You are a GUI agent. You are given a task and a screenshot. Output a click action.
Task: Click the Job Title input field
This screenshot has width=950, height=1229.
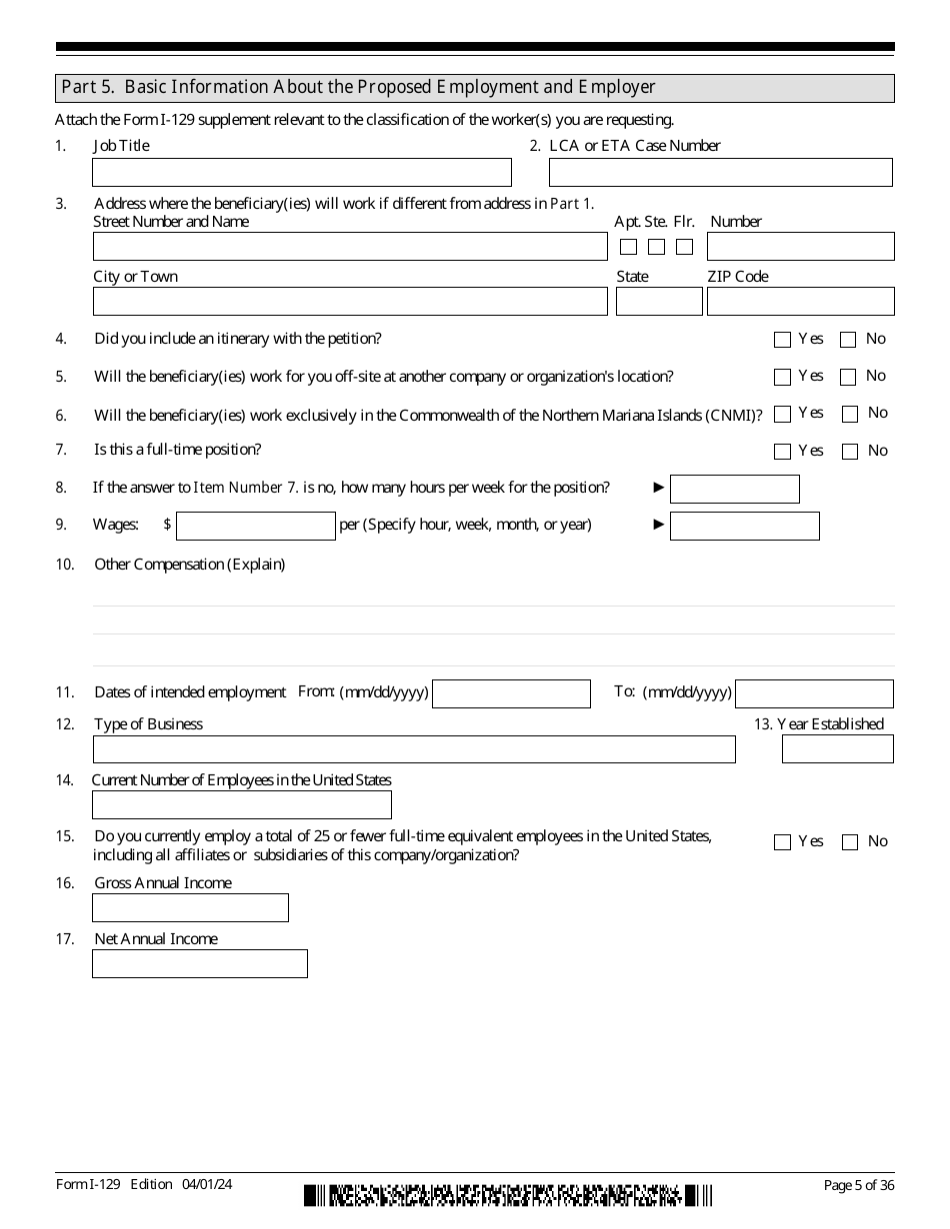pos(301,173)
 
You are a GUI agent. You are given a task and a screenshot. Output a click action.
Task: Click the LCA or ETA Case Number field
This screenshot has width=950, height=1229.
pos(720,173)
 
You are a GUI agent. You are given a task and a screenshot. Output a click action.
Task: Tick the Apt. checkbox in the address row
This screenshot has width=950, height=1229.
pos(629,247)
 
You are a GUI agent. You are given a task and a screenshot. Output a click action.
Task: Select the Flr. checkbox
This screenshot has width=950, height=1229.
pos(685,247)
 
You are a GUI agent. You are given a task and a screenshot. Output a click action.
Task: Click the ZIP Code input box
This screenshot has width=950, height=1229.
pos(800,302)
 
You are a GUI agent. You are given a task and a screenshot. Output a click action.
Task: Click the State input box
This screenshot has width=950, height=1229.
pos(658,302)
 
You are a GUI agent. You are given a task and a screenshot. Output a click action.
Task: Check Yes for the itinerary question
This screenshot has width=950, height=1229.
pos(782,340)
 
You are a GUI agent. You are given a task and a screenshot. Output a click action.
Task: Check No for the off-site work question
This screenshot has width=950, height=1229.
pos(848,377)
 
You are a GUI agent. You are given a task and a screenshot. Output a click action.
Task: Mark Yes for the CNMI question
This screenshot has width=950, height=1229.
pos(782,414)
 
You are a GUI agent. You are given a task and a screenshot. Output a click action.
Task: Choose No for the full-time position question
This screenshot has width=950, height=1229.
pos(850,452)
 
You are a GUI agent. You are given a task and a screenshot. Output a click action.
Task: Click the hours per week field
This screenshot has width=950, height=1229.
pos(734,489)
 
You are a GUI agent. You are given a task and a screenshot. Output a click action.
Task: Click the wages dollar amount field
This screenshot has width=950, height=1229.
pos(255,527)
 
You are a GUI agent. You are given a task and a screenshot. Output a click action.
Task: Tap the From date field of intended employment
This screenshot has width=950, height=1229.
pos(511,694)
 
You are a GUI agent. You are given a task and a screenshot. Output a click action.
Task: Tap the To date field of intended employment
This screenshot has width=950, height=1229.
pos(814,694)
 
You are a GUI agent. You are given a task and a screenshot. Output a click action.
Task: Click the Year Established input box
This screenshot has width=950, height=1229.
pos(837,749)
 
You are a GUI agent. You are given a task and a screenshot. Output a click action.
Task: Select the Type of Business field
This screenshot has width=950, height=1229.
pos(414,749)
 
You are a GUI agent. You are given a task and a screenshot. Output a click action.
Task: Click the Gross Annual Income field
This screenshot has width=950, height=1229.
pos(190,908)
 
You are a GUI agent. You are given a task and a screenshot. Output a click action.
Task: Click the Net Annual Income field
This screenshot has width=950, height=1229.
pos(199,964)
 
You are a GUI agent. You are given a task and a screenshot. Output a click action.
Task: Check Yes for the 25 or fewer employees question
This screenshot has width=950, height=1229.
pos(782,842)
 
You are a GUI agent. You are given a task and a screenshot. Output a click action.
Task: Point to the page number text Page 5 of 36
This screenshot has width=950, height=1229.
pos(858,1185)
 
